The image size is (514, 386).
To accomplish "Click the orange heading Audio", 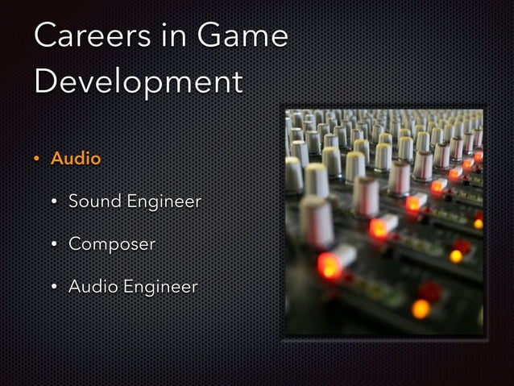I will point(76,159).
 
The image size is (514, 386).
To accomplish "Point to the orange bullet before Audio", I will point(37,159).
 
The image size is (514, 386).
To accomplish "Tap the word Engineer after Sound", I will point(163,201).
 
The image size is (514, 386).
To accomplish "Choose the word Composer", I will point(111,244).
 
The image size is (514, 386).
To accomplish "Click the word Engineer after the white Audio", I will point(160,287).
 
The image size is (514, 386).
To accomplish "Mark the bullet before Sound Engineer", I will point(55,201).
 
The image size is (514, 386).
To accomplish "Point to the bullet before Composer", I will point(55,244).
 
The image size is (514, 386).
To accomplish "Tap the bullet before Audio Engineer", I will point(55,286).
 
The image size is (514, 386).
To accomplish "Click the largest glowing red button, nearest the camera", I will point(329,264).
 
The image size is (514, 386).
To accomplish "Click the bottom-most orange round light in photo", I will point(420,308).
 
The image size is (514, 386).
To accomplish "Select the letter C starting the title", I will point(48,35).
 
